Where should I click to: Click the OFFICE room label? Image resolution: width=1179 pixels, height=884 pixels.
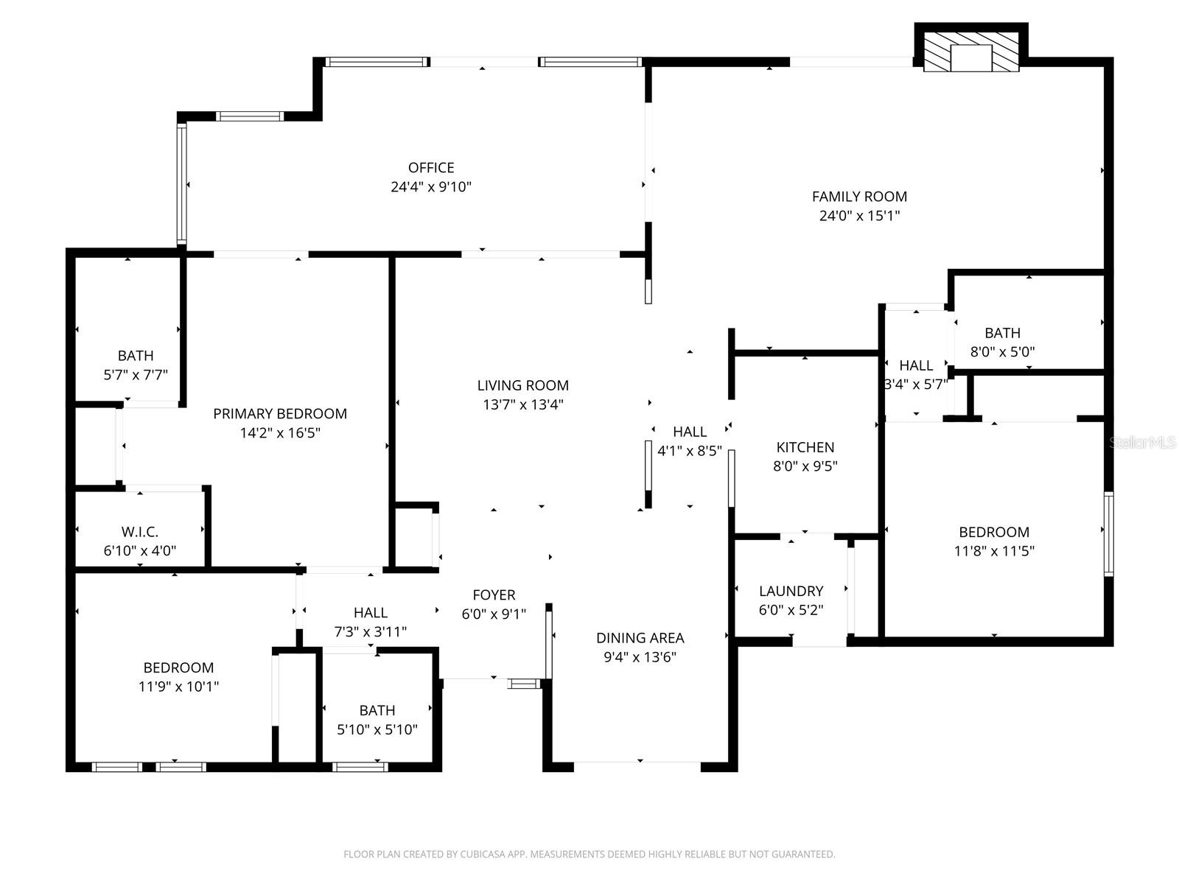coord(431,168)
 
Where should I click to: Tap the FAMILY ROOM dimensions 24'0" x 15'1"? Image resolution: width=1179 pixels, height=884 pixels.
coord(859,216)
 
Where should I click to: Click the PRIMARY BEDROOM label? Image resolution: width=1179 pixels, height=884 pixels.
coord(280,414)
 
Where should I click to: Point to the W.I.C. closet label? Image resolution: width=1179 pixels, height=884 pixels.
coord(140,532)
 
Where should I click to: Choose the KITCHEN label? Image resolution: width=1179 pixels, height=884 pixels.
coord(805,447)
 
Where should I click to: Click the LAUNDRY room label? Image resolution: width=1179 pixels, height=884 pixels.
coord(791,591)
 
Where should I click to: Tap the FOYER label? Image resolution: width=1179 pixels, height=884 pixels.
coord(494,594)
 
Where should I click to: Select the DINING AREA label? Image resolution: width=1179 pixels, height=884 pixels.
coord(640,638)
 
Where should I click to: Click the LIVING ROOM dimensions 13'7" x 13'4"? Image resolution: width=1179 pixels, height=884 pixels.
coord(522,404)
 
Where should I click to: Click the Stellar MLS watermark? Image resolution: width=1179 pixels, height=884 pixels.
coord(1143,442)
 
